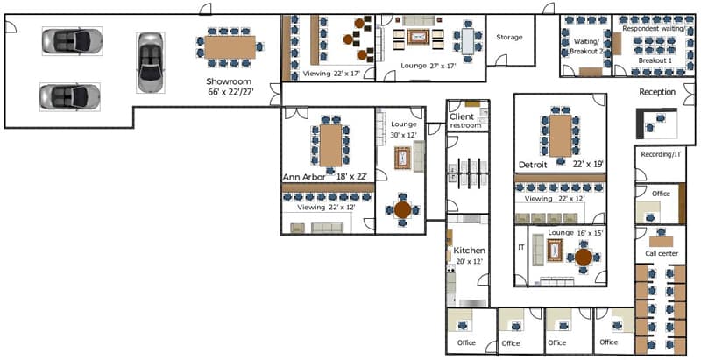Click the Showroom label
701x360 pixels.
tap(230, 81)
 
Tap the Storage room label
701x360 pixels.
tap(509, 38)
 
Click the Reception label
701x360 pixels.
tap(656, 92)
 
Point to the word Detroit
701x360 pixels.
tap(533, 165)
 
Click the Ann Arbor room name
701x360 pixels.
tap(305, 177)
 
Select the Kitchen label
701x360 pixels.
tap(469, 251)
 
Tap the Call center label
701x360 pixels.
tap(662, 254)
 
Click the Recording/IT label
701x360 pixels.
tap(661, 155)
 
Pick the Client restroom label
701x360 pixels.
tap(465, 121)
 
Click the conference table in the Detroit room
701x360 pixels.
tap(560, 136)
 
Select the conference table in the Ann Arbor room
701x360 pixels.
tap(331, 146)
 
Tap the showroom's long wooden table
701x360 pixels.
tap(231, 46)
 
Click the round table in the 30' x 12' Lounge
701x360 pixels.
tap(402, 210)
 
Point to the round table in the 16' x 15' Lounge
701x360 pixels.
tap(583, 258)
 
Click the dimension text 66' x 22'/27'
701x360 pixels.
tap(230, 92)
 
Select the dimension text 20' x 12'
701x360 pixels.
tap(469, 262)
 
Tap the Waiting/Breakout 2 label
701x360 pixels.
tap(586, 46)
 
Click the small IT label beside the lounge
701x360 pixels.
tap(520, 248)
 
